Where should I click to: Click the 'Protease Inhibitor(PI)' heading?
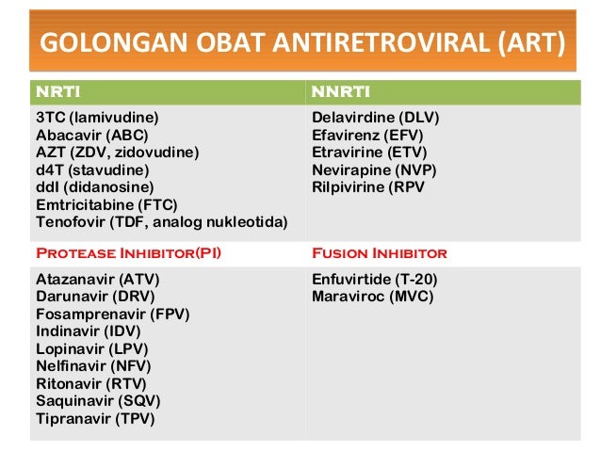pos(128,253)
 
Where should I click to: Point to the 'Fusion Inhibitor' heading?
pos(379,253)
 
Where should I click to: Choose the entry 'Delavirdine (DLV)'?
pos(376,118)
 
